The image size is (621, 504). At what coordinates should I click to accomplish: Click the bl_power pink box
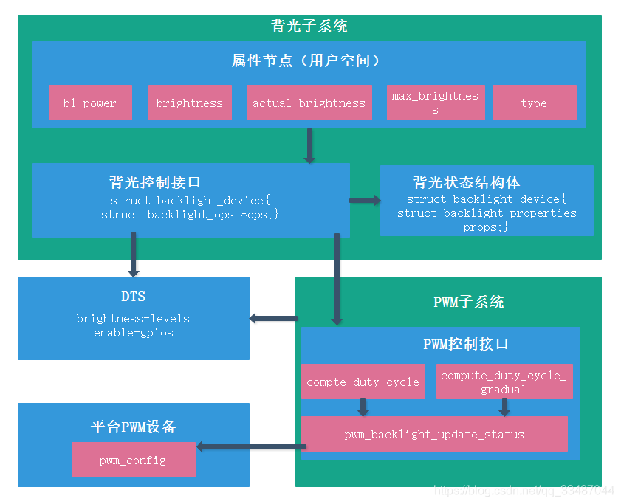pyautogui.click(x=90, y=103)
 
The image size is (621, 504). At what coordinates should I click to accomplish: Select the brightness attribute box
pyautogui.click(x=190, y=103)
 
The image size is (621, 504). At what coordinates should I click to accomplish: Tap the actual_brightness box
pyautogui.click(x=309, y=103)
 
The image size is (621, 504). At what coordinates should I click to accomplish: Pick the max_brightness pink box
pyautogui.click(x=435, y=103)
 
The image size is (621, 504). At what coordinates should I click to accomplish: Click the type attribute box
pyautogui.click(x=534, y=103)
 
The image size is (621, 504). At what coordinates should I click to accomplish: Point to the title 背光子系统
pyautogui.click(x=309, y=27)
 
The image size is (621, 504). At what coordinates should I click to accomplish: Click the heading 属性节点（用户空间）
pyautogui.click(x=309, y=61)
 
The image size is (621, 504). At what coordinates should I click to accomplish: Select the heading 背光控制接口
pyautogui.click(x=155, y=182)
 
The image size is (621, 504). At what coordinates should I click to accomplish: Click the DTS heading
pyautogui.click(x=133, y=297)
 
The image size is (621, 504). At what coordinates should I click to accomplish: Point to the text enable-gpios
pyautogui.click(x=133, y=333)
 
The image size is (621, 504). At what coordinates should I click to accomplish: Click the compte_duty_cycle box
pyautogui.click(x=363, y=382)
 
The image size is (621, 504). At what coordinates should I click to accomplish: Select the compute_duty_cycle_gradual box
pyautogui.click(x=504, y=382)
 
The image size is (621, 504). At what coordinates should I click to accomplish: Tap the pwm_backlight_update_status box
pyautogui.click(x=434, y=434)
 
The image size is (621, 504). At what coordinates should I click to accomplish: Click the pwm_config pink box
pyautogui.click(x=133, y=460)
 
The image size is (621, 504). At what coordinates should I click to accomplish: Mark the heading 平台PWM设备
pyautogui.click(x=133, y=427)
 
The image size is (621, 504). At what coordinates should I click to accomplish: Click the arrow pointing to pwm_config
pyautogui.click(x=251, y=446)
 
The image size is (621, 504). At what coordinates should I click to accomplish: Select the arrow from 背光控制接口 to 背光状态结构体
pyautogui.click(x=365, y=200)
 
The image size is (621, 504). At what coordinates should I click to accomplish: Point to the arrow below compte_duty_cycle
pyautogui.click(x=363, y=407)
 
